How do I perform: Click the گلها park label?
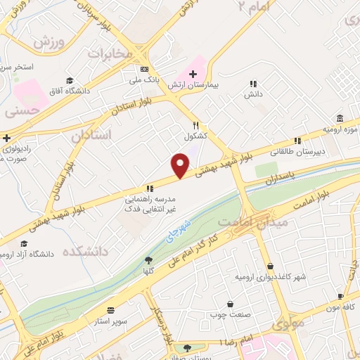click(x=148, y=271)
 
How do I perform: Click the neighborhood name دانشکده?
click(x=88, y=251)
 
